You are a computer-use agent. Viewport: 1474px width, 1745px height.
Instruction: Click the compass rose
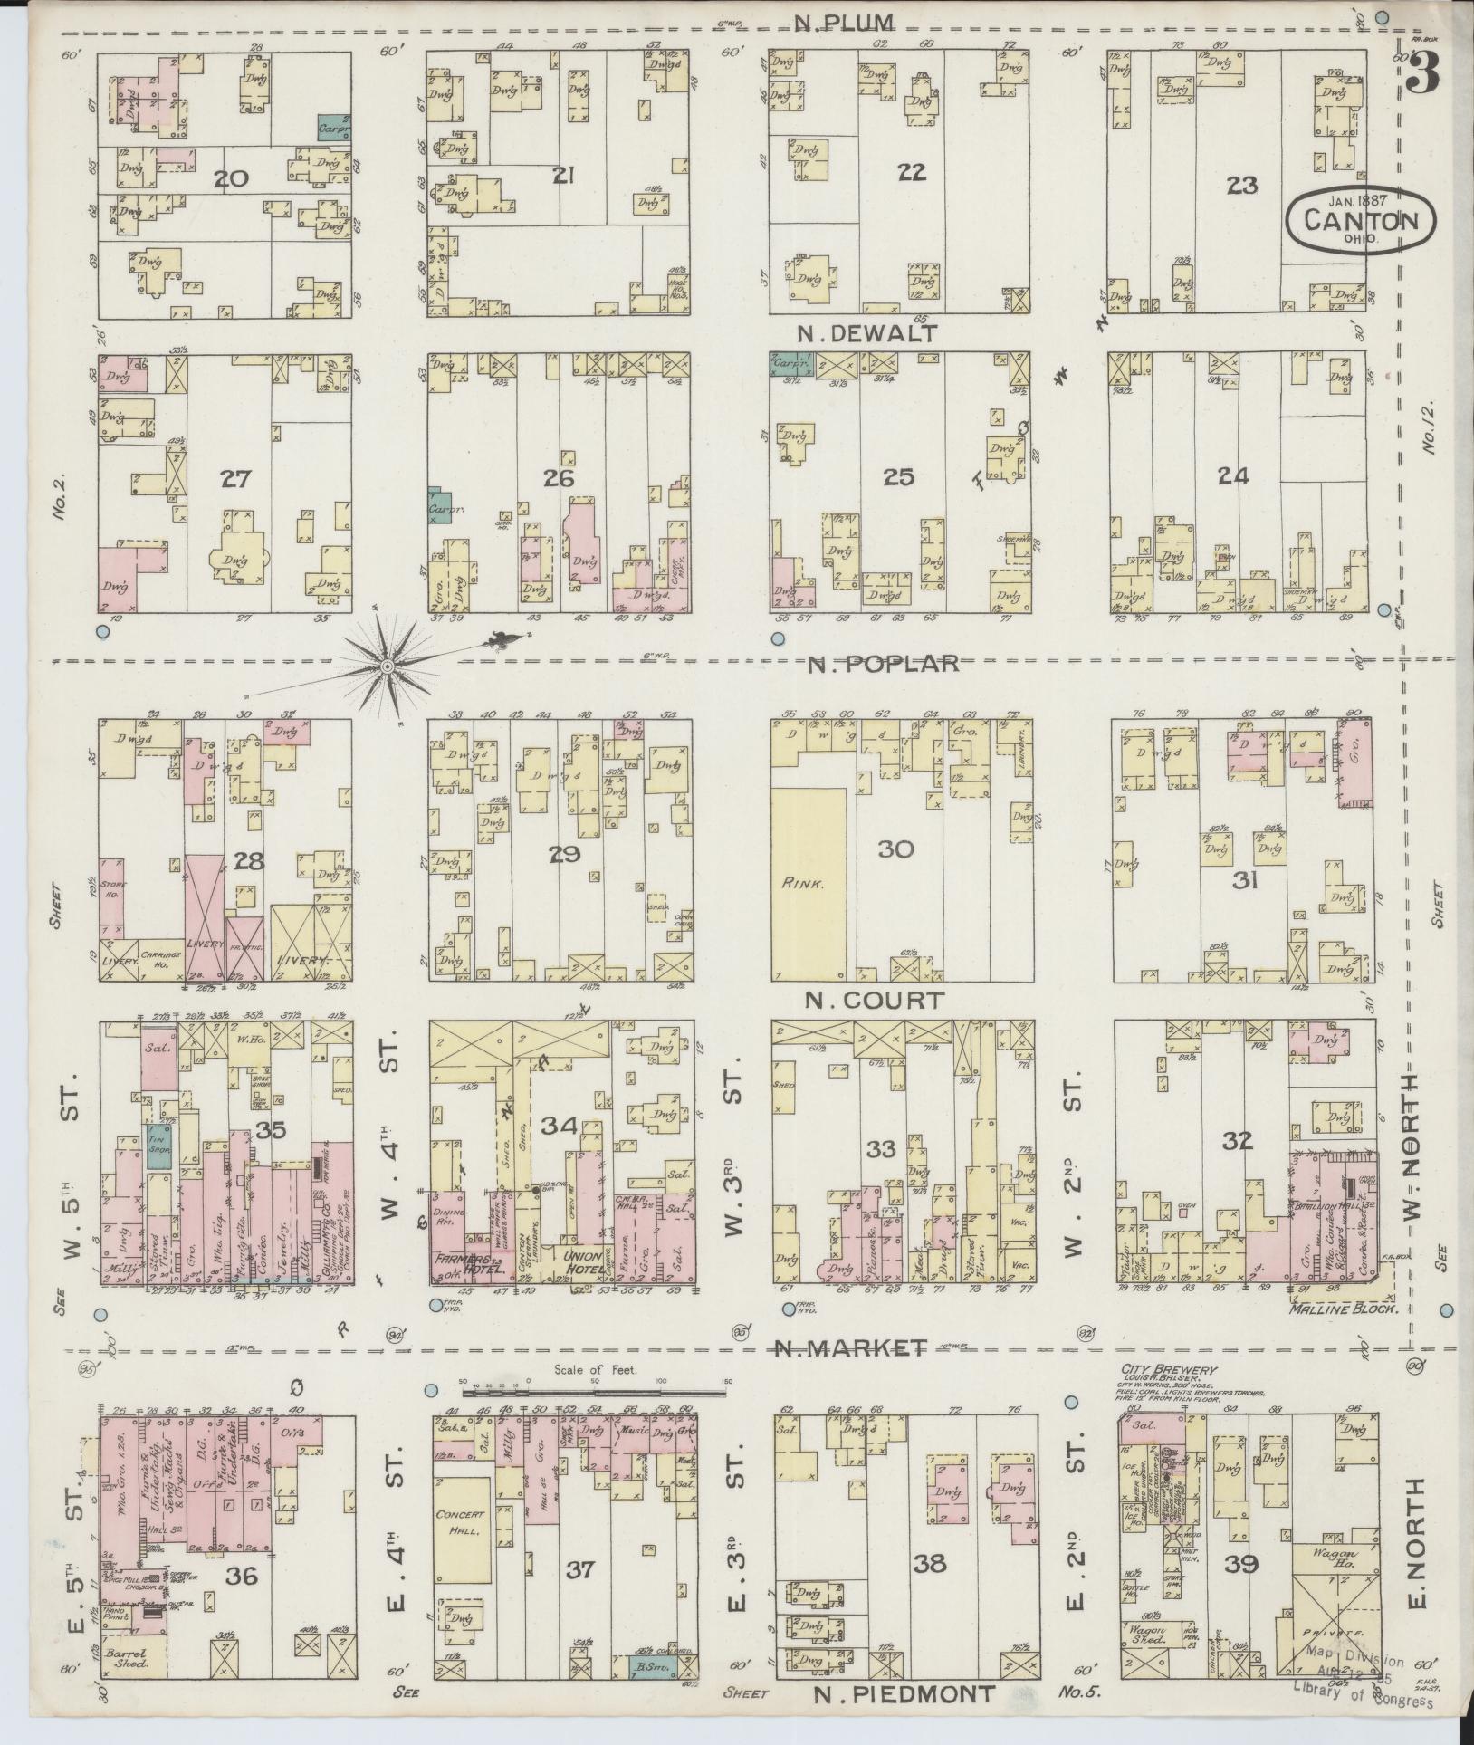point(387,666)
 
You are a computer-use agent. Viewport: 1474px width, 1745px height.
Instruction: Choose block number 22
point(911,173)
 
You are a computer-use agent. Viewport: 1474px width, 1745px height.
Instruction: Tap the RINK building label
point(805,883)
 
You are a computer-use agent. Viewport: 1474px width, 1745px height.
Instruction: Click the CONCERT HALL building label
point(461,1522)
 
